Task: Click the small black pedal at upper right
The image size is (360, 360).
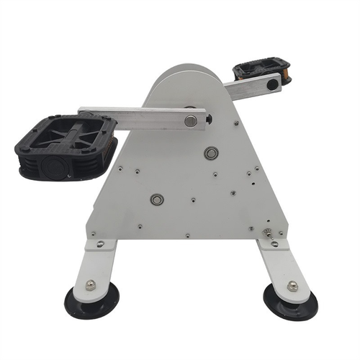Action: tap(261, 71)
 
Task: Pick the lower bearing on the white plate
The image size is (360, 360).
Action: tap(157, 199)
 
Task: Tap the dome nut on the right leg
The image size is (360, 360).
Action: tap(292, 286)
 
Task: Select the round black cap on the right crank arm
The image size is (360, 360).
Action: tap(272, 84)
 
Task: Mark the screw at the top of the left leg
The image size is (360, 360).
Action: tap(100, 244)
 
